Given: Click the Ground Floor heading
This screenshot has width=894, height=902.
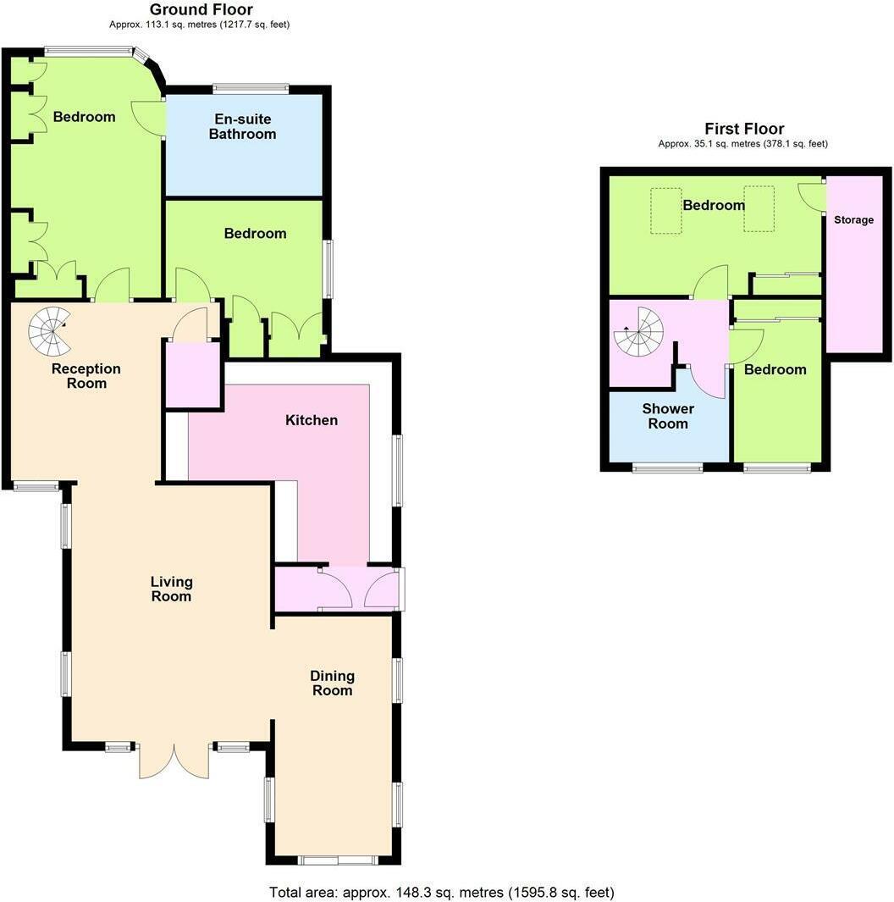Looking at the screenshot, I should [201, 10].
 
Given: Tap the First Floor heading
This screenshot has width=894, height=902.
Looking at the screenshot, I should [744, 129].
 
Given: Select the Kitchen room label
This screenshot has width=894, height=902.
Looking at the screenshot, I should [311, 420].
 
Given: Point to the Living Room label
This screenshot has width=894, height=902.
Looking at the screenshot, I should [171, 589].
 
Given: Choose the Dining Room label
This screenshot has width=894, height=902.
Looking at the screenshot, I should [331, 683].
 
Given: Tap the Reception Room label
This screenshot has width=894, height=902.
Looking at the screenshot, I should [86, 376].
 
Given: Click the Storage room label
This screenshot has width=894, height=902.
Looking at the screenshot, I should [853, 220].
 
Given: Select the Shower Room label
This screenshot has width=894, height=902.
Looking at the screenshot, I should [667, 416].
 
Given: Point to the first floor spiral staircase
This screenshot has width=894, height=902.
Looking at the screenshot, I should [637, 333].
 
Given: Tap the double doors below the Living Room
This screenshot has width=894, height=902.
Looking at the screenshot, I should [174, 760].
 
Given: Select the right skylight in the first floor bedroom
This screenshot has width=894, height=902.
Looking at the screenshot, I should [759, 208].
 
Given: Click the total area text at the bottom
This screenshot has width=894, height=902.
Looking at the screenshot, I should [441, 892].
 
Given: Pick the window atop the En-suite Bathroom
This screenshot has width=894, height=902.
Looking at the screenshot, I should [251, 88].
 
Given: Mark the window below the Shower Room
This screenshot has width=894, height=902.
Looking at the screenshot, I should [667, 467].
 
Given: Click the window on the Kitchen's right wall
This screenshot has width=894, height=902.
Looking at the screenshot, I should [396, 471].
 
